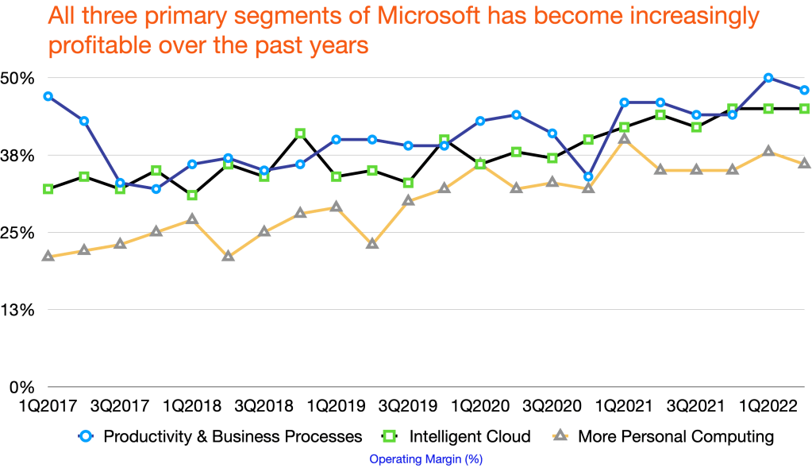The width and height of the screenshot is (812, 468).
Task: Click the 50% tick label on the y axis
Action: (x=18, y=78)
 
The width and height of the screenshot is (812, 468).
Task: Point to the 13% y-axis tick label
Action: (x=18, y=310)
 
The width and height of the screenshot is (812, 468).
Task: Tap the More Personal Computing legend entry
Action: (x=675, y=436)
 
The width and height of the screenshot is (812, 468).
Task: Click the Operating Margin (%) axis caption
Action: (x=426, y=459)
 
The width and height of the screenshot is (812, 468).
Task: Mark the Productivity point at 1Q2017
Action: (x=48, y=96)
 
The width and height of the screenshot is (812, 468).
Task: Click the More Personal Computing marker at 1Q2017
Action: (x=48, y=256)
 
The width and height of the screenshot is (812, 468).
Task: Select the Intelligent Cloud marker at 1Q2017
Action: (x=48, y=189)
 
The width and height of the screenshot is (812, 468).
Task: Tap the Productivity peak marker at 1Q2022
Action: (x=768, y=77)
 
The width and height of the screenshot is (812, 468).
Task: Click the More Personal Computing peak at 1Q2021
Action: (x=624, y=139)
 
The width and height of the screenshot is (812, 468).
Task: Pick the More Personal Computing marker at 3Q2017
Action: (x=120, y=244)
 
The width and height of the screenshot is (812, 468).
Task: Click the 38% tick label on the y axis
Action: (x=18, y=156)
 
